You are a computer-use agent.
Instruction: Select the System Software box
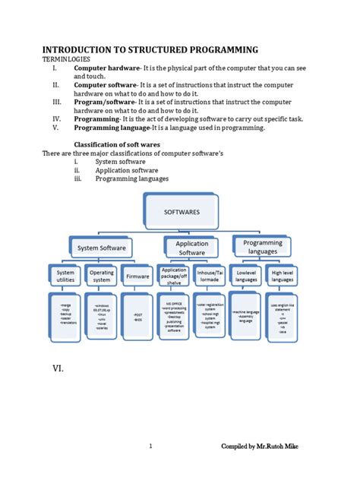pyautogui.click(x=101, y=248)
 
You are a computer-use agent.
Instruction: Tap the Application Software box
pyautogui.click(x=191, y=248)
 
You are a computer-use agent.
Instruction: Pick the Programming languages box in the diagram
pyautogui.click(x=262, y=247)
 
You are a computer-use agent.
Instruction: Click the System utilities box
pyautogui.click(x=66, y=277)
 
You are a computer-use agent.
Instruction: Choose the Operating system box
pyautogui.click(x=101, y=277)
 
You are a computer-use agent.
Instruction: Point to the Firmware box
pyautogui.click(x=137, y=277)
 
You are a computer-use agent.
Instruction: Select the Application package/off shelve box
pyautogui.click(x=174, y=276)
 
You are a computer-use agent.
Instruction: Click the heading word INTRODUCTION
pyautogui.click(x=84, y=49)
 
